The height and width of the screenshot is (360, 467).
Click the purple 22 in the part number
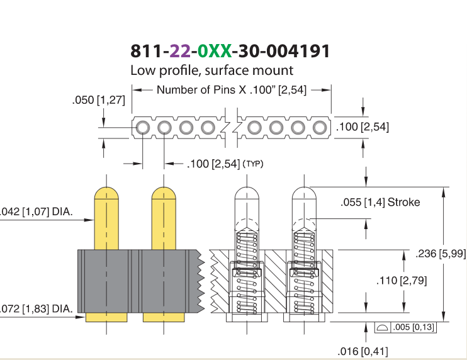pyautogui.click(x=180, y=51)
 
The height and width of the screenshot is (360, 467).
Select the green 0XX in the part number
pyautogui.click(x=215, y=51)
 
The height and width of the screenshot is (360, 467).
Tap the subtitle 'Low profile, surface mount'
pyautogui.click(x=211, y=70)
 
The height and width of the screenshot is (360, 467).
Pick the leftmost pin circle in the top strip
pyautogui.click(x=143, y=128)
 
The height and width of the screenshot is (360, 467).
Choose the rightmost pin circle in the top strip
pyautogui.click(x=320, y=128)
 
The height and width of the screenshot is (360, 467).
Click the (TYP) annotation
pyautogui.click(x=253, y=164)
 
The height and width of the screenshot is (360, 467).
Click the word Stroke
pyautogui.click(x=404, y=202)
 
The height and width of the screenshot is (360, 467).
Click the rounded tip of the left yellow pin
pyautogui.click(x=106, y=193)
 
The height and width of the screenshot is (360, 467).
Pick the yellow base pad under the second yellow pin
pyautogui.click(x=164, y=317)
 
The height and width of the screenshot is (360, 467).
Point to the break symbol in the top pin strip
pyautogui.click(x=232, y=128)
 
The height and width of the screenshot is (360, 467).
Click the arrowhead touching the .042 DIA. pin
pyautogui.click(x=89, y=220)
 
